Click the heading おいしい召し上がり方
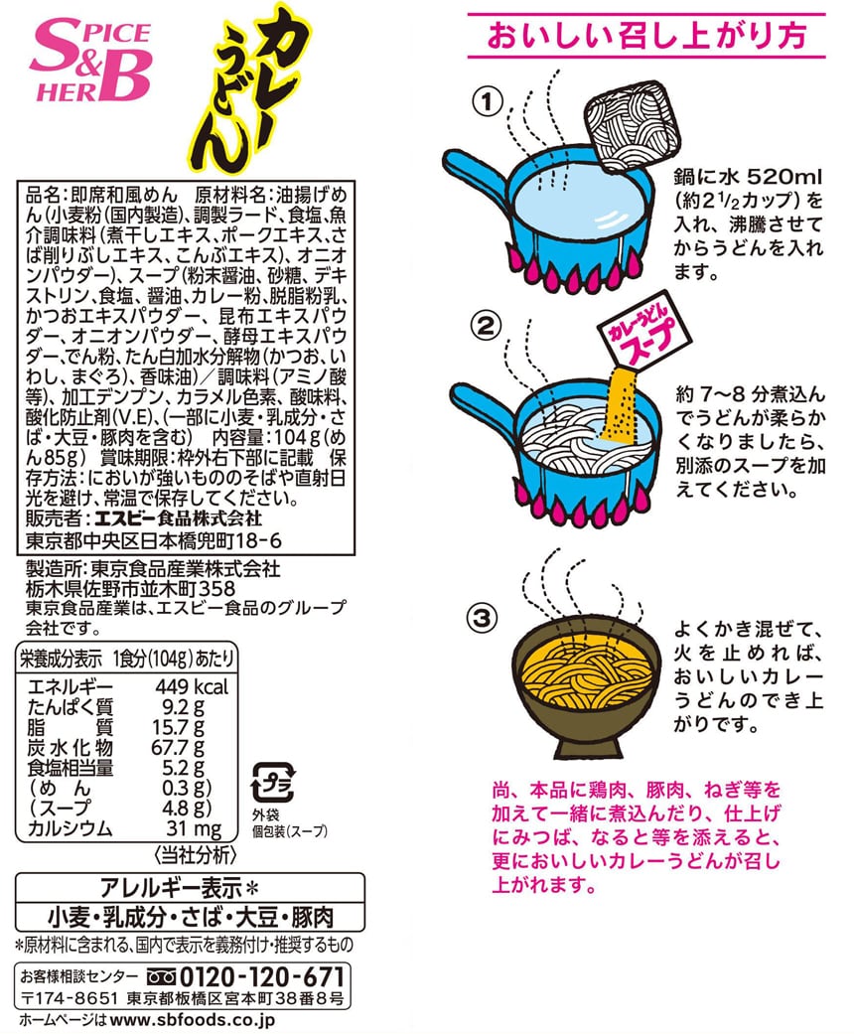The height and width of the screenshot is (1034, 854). (646, 36)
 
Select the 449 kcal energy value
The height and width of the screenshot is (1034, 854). (192, 687)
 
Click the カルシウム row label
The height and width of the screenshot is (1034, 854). (70, 828)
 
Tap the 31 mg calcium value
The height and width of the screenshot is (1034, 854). (194, 829)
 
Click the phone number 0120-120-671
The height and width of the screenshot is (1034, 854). (262, 976)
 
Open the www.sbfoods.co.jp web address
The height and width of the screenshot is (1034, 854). (192, 1019)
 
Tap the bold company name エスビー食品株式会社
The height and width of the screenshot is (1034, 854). (178, 517)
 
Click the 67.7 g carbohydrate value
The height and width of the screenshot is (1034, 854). (178, 748)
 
